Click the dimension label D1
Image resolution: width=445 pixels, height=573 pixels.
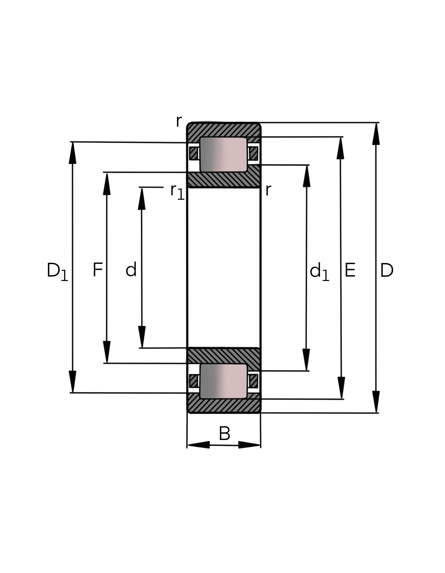coord(57,272)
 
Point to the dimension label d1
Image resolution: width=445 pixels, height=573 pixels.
coord(319,272)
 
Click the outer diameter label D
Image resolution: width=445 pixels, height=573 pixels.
coord(386,270)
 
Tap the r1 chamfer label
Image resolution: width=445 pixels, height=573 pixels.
coord(177,192)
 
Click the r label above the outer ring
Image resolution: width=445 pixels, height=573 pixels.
coord(179,122)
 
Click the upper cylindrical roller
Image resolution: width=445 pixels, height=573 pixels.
coord(223,154)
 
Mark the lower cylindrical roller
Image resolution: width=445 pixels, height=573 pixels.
coord(223,381)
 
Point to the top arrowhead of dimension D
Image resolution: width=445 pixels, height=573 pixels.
coord(376,134)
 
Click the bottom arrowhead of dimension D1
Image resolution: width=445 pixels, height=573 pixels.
coord(72,382)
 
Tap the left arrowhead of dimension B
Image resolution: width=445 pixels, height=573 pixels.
coord(199,445)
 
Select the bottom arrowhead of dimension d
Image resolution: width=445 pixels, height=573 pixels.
coord(142,337)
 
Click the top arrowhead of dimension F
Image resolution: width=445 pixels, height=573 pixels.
coord(107,184)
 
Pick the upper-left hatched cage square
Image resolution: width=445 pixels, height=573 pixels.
coord(194,153)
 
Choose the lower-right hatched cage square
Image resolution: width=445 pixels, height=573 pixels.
coord(254,381)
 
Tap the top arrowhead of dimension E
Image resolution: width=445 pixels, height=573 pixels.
coord(340,148)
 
